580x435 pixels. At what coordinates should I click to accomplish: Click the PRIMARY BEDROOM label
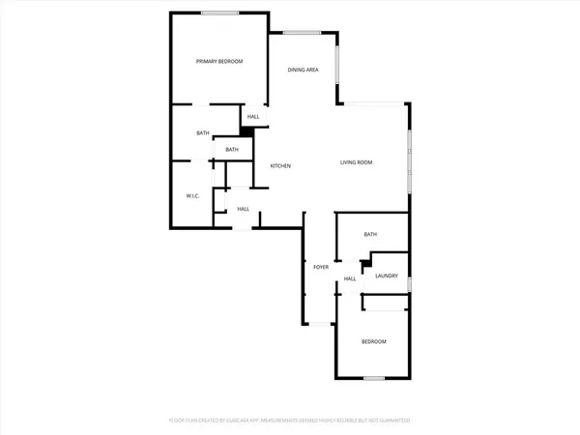click(x=219, y=62)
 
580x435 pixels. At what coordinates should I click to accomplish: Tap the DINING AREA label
click(x=304, y=70)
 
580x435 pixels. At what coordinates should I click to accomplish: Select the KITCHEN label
click(x=280, y=166)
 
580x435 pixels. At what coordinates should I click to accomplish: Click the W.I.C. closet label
click(x=192, y=196)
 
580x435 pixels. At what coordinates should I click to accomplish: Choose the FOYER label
click(x=321, y=267)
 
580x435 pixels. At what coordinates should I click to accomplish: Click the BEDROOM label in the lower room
click(x=374, y=342)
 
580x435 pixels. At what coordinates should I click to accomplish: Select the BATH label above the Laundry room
click(x=370, y=235)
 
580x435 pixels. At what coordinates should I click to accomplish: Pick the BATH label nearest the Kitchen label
click(x=232, y=150)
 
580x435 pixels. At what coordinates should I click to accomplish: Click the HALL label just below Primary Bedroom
click(x=253, y=117)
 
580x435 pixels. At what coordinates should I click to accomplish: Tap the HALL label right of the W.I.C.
click(x=243, y=209)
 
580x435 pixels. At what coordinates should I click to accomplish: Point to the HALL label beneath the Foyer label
click(x=350, y=279)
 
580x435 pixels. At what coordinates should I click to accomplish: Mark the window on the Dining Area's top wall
click(x=302, y=34)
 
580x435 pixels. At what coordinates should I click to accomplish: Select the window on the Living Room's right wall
click(x=408, y=155)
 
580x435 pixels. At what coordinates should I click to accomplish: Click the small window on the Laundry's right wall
click(x=409, y=284)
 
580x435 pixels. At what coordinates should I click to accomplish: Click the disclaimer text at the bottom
click(x=290, y=421)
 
